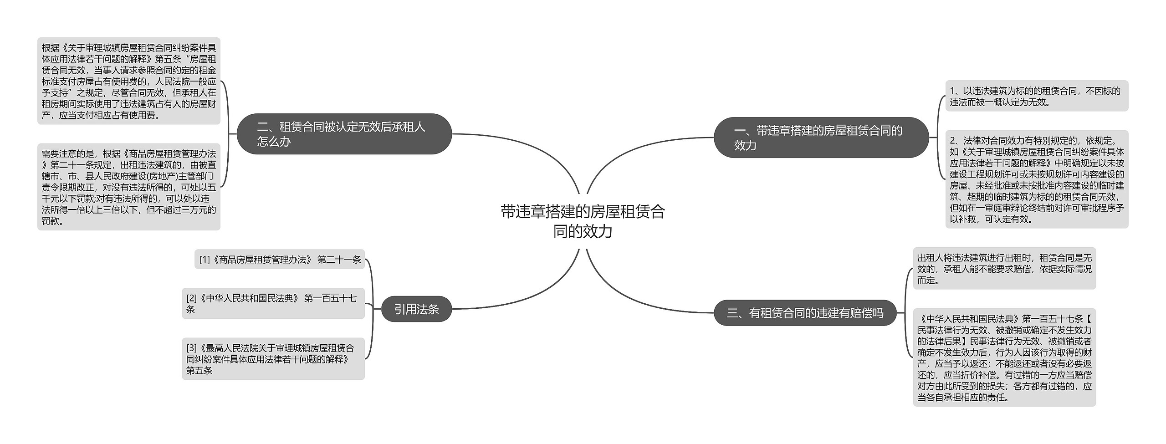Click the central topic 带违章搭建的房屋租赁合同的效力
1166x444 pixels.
[x=583, y=221]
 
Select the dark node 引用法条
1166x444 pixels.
[x=416, y=309]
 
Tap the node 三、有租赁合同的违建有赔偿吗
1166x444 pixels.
[x=805, y=313]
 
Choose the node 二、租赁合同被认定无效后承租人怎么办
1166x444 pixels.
[x=344, y=134]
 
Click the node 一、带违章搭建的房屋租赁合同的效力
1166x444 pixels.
[x=821, y=138]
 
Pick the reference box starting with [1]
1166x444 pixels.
[x=280, y=260]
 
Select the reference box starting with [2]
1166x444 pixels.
[x=273, y=303]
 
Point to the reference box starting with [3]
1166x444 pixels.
[x=273, y=359]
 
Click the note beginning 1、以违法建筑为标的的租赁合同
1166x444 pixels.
[x=1036, y=96]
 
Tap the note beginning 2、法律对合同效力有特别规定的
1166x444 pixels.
[x=1036, y=179]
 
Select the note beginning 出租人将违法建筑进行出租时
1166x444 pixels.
[x=1004, y=269]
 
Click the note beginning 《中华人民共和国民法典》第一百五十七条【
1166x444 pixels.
[x=1004, y=357]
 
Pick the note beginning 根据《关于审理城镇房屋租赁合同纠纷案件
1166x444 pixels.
[x=128, y=81]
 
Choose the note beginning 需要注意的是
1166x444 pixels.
[x=128, y=187]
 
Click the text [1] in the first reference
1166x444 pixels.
[x=205, y=260]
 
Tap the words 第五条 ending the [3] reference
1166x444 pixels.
[x=199, y=371]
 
